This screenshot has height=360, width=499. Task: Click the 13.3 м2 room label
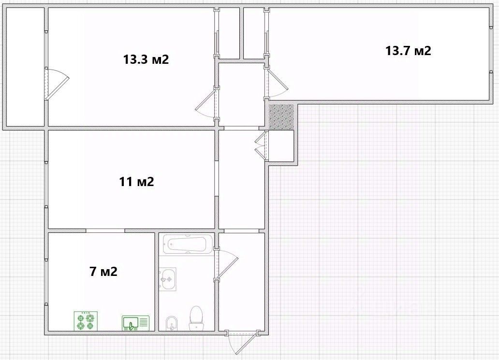146,59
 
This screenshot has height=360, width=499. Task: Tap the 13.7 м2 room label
408,51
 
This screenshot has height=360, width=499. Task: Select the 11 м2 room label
136,182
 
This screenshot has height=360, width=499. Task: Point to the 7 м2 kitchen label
103,272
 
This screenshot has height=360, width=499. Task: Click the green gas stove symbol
86,321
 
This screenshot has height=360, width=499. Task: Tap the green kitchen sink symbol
136,323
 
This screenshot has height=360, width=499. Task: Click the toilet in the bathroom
196,318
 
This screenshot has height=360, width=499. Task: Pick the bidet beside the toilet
172,323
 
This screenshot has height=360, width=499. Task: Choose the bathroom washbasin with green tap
167,279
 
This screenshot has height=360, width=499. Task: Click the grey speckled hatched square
281,117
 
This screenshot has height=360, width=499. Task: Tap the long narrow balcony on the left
25,67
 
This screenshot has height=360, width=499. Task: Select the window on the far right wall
491,50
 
